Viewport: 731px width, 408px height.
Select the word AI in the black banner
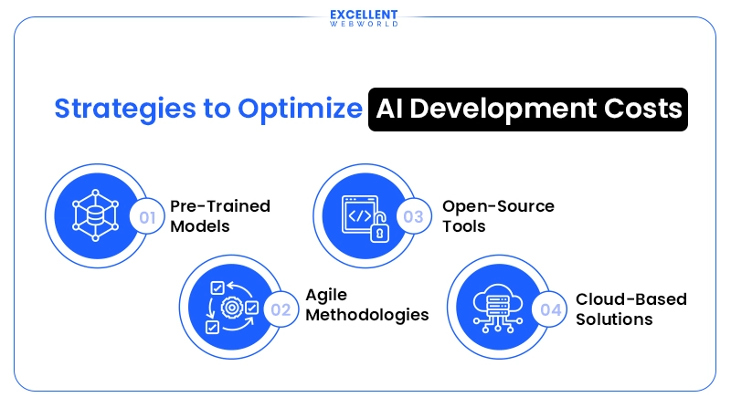393,108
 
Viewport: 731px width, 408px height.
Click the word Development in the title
504,108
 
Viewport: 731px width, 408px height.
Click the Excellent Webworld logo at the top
365,18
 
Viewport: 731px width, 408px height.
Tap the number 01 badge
146,217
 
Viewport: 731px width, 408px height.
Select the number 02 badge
281,309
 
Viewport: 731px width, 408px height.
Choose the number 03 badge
414,217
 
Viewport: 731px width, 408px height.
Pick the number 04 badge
550,309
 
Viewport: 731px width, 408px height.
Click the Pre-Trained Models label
220,215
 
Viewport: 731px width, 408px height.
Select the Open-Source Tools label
498,215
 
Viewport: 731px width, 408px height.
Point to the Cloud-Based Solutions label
630,309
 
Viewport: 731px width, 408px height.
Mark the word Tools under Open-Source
463,225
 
